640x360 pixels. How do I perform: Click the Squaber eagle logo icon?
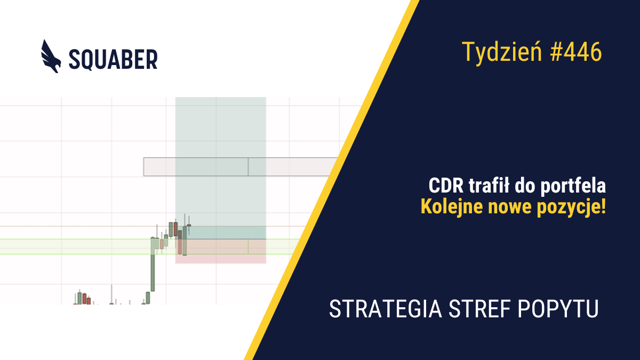(x=51, y=57)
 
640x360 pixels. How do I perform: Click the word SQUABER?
(x=113, y=59)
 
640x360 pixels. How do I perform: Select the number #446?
(x=576, y=52)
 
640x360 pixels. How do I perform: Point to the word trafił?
(x=489, y=186)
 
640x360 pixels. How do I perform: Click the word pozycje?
(x=571, y=207)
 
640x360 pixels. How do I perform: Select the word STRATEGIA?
(x=386, y=309)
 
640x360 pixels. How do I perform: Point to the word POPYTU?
(x=558, y=309)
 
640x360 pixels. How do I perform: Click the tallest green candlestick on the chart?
(x=153, y=265)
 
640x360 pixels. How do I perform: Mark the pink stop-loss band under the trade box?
(x=221, y=259)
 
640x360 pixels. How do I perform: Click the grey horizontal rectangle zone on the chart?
(x=240, y=166)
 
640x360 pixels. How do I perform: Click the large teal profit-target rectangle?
(x=221, y=168)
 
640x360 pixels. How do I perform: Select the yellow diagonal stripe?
(x=331, y=180)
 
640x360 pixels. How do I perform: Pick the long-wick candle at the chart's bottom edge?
(x=111, y=294)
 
